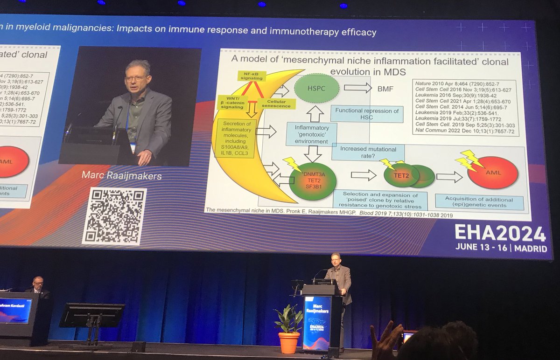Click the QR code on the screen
pos(114,216)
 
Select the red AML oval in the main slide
pos(493,173)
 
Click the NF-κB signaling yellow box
pos(252,76)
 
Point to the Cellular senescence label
pos(279,103)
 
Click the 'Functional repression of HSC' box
pos(366,114)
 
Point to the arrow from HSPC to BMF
pos(357,88)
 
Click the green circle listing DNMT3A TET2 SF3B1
pos(313,181)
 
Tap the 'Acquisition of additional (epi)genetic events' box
pos(479,202)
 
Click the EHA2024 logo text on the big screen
pos(500,234)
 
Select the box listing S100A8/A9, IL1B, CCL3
pos(237,138)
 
